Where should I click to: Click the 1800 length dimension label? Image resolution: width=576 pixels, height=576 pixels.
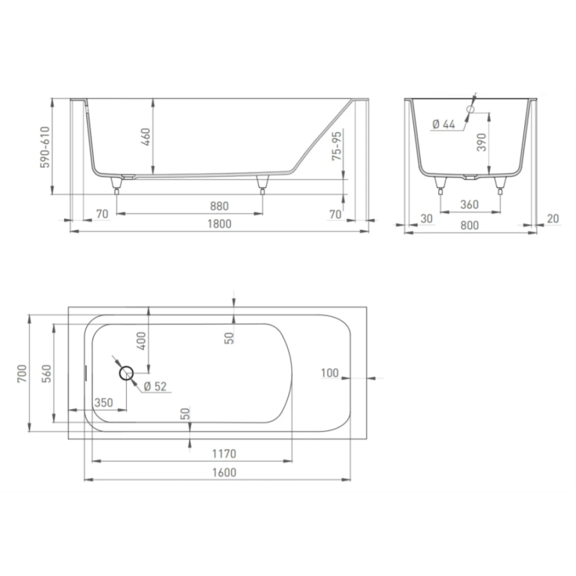click(220, 224)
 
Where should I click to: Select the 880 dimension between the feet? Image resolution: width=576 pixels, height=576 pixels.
click(220, 206)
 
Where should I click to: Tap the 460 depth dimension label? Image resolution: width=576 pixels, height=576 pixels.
click(146, 137)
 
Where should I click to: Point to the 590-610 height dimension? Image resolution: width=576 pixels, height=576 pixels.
click(44, 147)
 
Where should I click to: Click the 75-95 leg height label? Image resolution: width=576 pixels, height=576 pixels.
click(337, 146)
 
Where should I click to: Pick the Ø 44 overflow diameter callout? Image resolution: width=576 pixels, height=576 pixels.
click(444, 125)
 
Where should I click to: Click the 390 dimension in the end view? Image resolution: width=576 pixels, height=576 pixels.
click(481, 143)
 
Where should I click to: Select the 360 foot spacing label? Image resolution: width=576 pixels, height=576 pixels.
click(469, 204)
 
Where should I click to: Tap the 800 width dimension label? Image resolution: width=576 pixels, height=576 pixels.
click(470, 225)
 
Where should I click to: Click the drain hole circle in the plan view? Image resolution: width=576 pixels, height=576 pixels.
click(126, 373)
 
